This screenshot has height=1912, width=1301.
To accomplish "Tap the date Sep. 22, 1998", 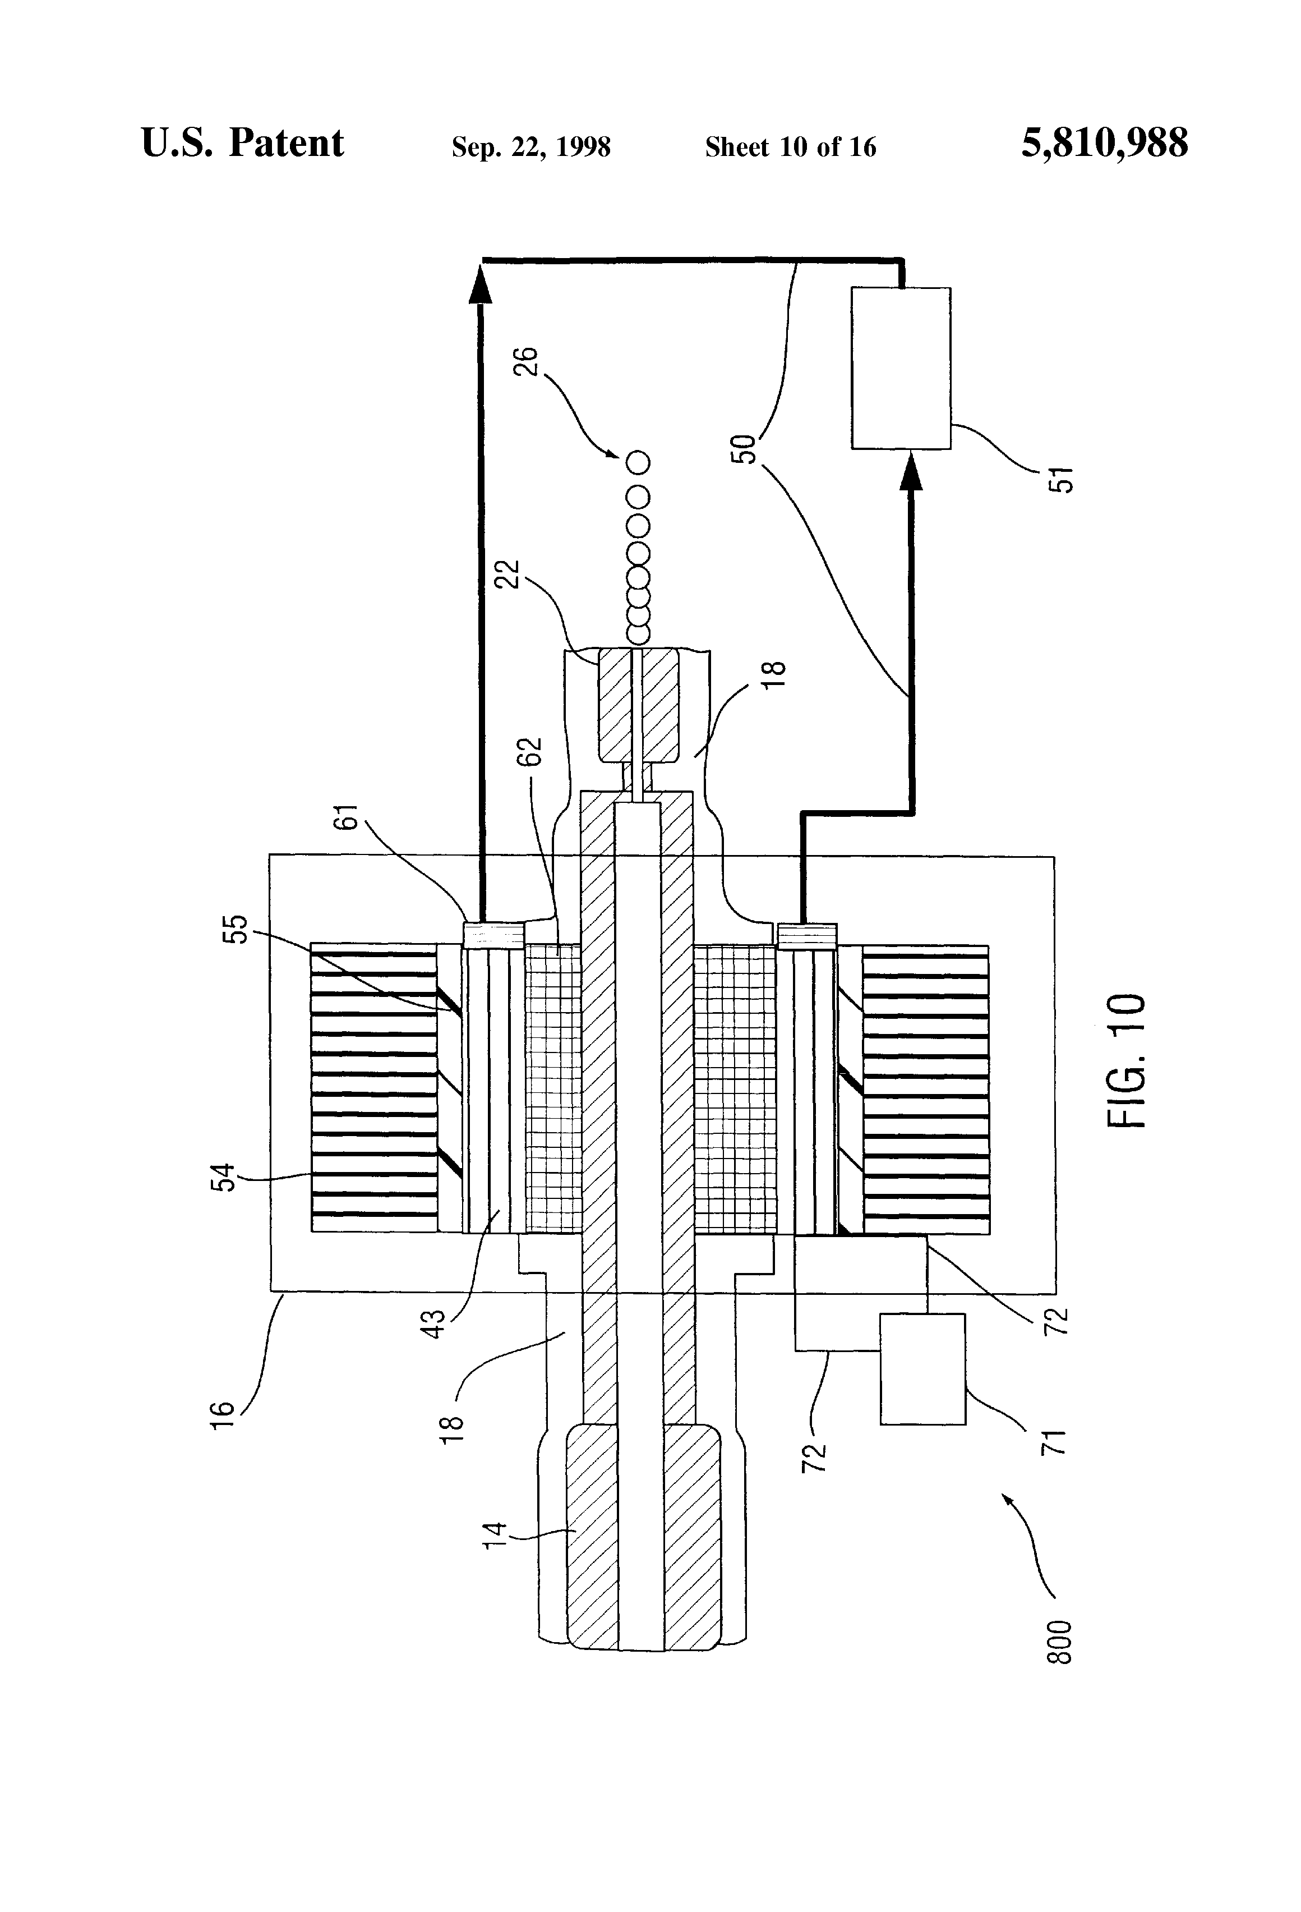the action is (x=531, y=147).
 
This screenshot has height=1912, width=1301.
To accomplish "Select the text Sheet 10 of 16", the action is (x=790, y=147).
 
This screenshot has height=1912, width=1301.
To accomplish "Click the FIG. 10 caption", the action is (x=1126, y=1061).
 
